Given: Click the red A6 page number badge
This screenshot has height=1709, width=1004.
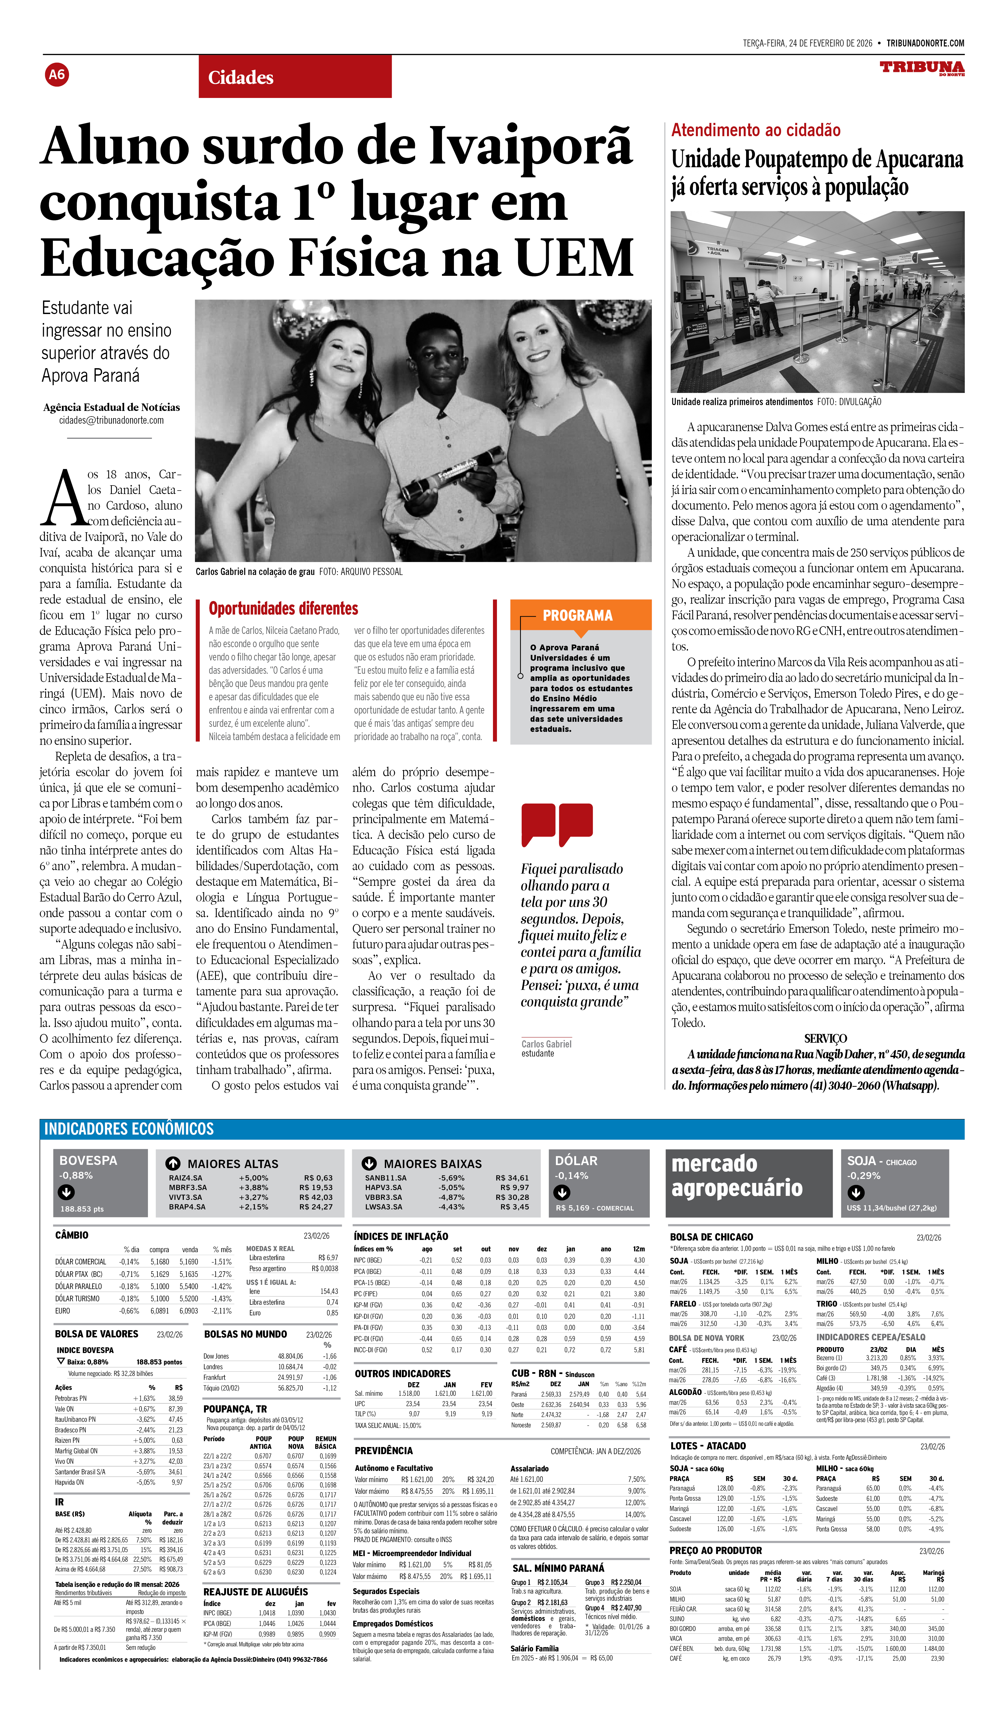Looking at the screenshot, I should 57,75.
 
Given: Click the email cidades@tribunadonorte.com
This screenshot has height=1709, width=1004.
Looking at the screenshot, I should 111,420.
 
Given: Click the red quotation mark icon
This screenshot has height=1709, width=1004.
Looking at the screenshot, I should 557,824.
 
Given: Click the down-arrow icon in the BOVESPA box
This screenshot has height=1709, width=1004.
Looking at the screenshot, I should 66,1192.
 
